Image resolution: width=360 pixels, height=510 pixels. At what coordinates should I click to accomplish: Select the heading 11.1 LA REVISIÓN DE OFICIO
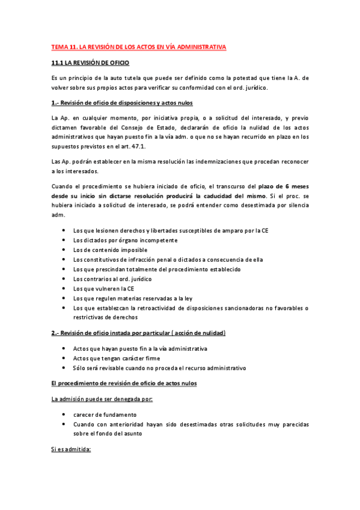[90, 63]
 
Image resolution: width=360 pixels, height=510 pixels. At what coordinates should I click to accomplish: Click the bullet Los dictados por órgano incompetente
[125, 241]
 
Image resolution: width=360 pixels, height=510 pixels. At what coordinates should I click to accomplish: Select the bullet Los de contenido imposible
[109, 250]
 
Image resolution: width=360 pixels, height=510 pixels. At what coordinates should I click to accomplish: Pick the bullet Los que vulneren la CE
[103, 289]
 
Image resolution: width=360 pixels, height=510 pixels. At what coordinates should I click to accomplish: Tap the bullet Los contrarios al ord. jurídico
[112, 279]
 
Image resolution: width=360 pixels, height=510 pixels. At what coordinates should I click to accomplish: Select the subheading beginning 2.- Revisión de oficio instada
[139, 333]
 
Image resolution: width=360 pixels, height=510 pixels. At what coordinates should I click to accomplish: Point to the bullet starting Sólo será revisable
[159, 368]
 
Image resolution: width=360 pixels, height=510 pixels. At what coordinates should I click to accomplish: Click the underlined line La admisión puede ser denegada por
[102, 399]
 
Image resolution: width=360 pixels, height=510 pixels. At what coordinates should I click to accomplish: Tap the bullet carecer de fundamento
[105, 415]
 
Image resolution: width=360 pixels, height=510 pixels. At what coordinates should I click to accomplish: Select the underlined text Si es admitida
[71, 449]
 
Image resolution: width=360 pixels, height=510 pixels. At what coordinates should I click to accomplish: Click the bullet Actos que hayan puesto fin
[139, 349]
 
